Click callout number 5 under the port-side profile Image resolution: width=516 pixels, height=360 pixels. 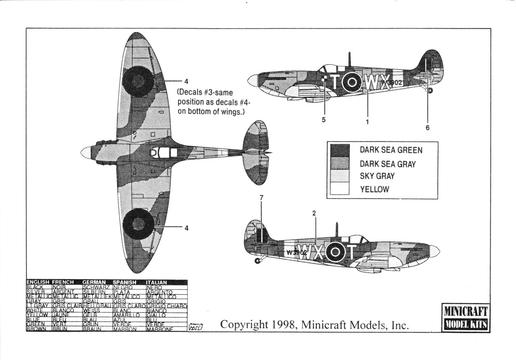tap(324, 119)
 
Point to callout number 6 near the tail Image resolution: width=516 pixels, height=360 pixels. tap(428, 127)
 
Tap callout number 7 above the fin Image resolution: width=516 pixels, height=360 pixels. tap(261, 198)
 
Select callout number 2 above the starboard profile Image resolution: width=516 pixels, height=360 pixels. tap(314, 213)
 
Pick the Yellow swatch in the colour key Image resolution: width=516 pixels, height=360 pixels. tap(340, 189)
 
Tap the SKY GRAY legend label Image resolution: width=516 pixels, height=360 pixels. tap(377, 176)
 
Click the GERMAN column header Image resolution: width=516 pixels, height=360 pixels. tap(94, 282)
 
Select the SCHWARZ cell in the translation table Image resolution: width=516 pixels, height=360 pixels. tap(97, 287)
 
